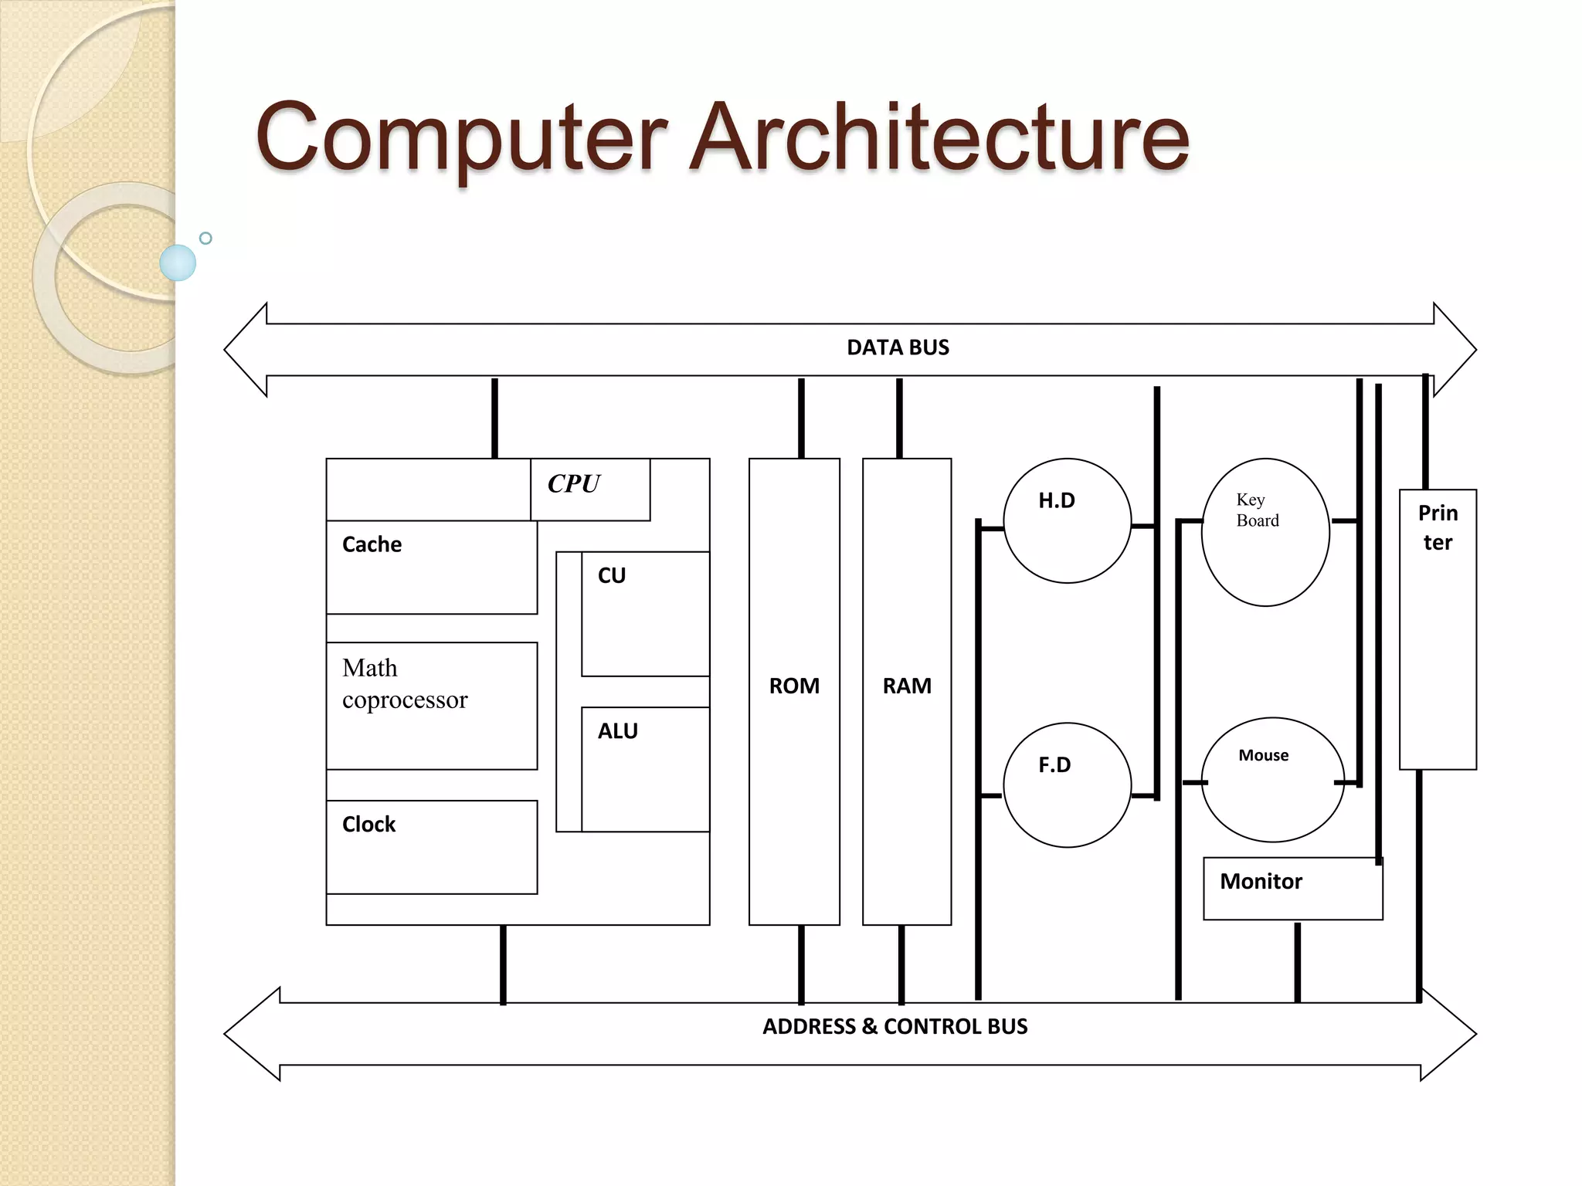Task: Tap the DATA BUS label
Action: tap(898, 347)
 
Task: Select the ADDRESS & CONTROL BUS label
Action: tap(895, 1026)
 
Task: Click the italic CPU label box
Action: tap(589, 489)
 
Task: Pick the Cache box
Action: tap(431, 567)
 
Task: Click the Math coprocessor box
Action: tap(431, 705)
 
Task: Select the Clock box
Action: tap(431, 846)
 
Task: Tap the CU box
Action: tap(644, 613)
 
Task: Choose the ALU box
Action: tap(644, 768)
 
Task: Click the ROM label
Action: tap(794, 686)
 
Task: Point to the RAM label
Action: tap(907, 686)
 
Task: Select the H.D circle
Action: tap(1067, 520)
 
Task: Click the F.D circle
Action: tap(1067, 784)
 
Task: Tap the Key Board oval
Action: tap(1265, 532)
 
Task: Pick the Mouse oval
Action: tap(1272, 779)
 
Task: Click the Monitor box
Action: tap(1292, 888)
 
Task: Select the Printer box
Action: tap(1438, 629)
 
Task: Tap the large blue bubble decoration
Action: tap(178, 263)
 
